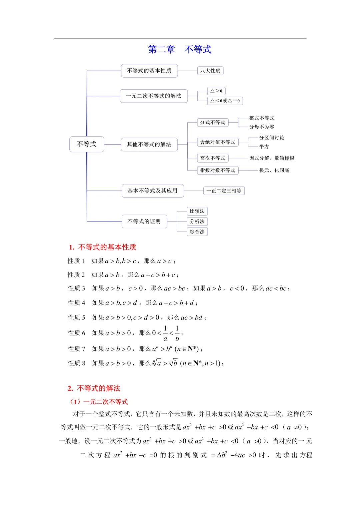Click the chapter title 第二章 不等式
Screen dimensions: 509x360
pos(180,49)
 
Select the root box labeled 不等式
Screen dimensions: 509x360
pos(87,144)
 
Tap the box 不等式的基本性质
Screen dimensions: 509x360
pos(149,71)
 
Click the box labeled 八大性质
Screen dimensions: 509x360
pos(210,71)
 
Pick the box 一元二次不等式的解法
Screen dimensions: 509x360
pos(153,96)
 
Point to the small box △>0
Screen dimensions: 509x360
pos(216,91)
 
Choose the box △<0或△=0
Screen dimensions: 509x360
pos(225,101)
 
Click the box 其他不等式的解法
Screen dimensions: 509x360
pos(149,145)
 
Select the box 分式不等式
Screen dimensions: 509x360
pos(212,123)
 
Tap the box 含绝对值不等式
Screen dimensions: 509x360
pos(217,142)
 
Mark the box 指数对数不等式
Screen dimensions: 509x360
pos(217,170)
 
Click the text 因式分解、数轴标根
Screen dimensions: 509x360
pos(272,158)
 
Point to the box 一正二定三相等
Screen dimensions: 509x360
pos(224,191)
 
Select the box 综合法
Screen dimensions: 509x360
pos(197,232)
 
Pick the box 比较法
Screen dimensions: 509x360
pos(197,211)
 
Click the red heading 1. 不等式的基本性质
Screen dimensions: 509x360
pos(103,247)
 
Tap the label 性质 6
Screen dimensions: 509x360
pos(77,333)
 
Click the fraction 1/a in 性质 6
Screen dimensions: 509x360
pos(165,333)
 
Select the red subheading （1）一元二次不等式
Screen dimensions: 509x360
pos(99,402)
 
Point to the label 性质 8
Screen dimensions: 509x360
pos(77,363)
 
